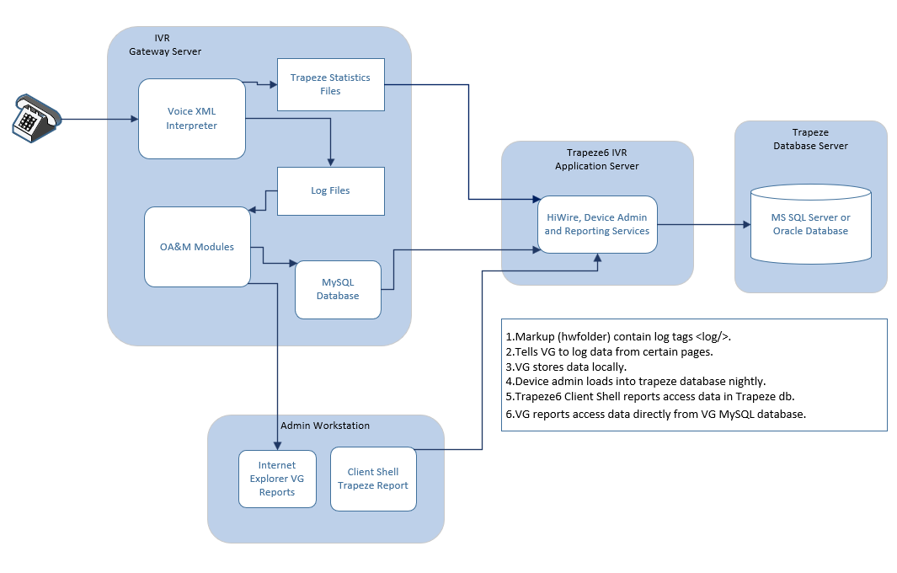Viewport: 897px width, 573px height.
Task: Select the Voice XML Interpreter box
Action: click(192, 119)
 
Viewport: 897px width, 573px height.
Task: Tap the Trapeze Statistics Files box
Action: click(330, 84)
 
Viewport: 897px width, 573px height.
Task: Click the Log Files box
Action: click(330, 190)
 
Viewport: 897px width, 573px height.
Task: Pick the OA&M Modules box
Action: click(197, 247)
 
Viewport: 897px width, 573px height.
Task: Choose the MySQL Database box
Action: click(338, 289)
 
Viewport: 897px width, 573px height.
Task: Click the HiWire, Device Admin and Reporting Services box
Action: click(597, 224)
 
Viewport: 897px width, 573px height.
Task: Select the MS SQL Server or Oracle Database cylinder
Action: click(810, 224)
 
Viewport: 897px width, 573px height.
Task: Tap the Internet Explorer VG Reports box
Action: click(277, 479)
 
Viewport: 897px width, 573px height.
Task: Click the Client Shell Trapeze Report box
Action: click(373, 479)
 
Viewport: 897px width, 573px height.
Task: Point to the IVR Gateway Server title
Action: click(165, 46)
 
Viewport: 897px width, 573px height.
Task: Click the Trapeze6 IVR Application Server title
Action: click(597, 159)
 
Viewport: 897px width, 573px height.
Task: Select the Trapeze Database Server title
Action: click(810, 139)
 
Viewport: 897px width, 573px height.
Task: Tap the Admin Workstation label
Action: click(325, 426)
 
